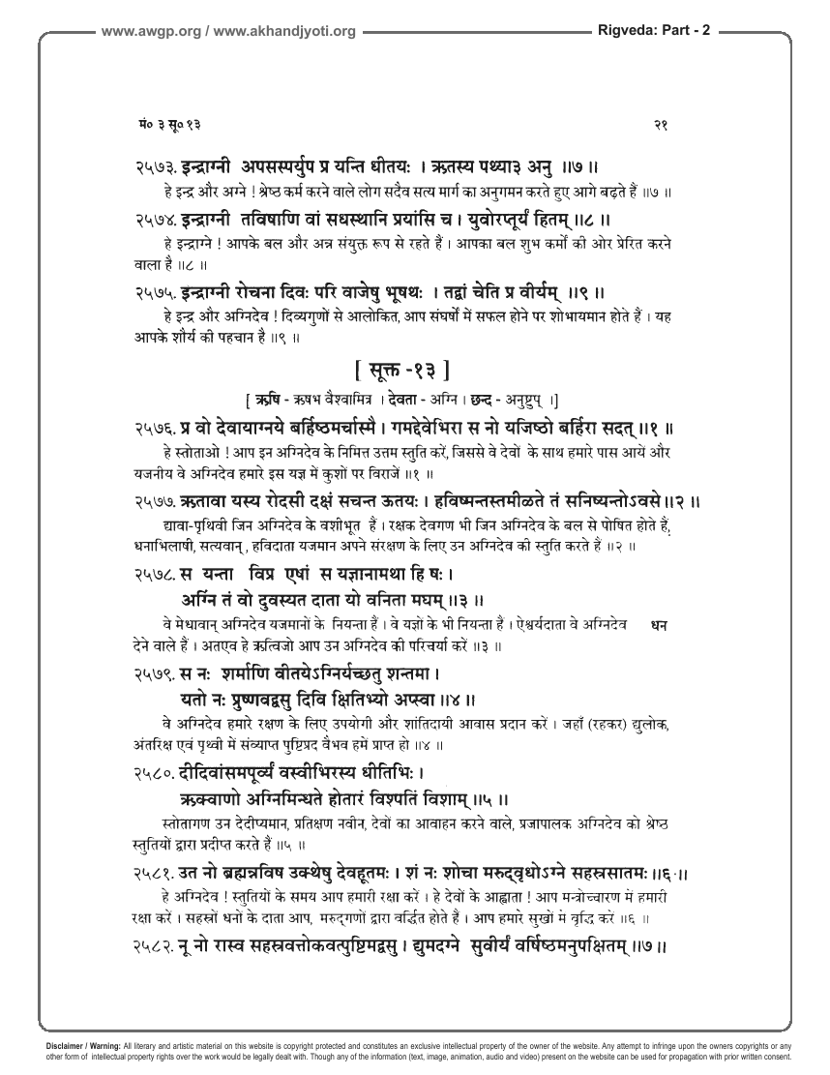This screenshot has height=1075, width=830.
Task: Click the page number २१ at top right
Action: click(662, 125)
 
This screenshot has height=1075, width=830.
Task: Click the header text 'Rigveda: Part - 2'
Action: click(651, 30)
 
